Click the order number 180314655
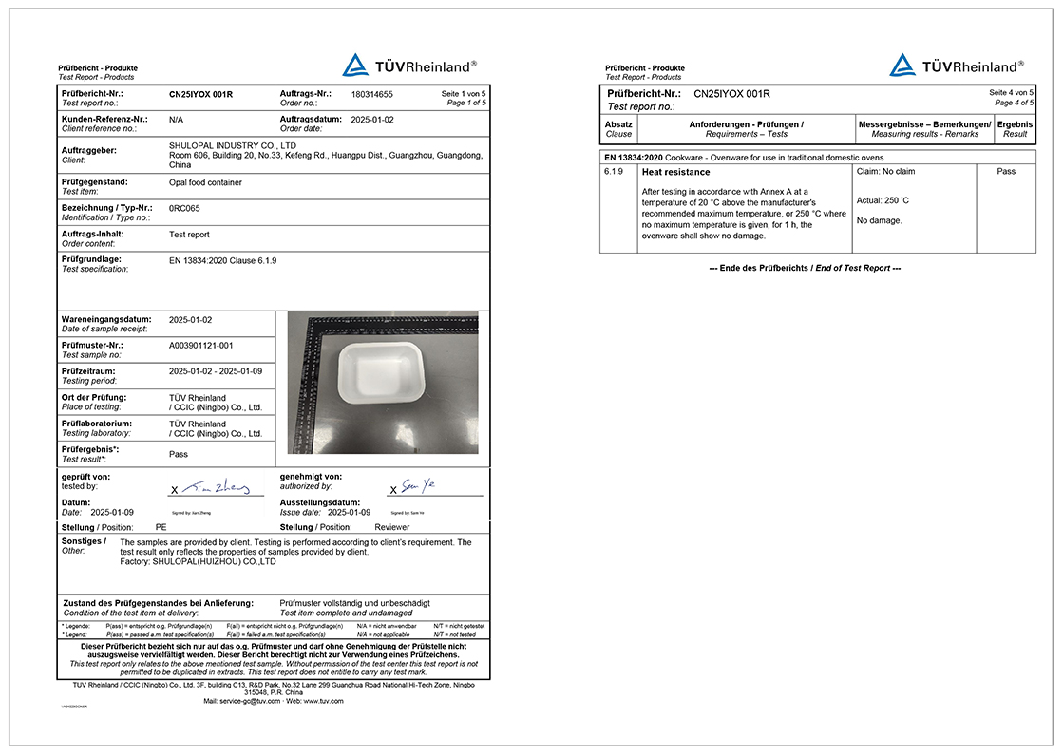[x=371, y=95]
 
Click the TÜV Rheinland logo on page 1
[x=408, y=66]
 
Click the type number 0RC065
[x=184, y=208]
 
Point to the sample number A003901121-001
[x=200, y=346]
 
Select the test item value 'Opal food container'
[x=205, y=181]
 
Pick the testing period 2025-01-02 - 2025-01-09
[x=215, y=371]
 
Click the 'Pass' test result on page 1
[x=179, y=454]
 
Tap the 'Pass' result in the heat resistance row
[x=1006, y=172]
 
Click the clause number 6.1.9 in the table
[x=613, y=172]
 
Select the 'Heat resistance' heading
[x=675, y=173]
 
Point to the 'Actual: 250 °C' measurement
[x=883, y=200]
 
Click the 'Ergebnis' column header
[x=1015, y=124]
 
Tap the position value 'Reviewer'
[x=392, y=526]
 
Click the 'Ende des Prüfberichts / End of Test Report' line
[x=805, y=268]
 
